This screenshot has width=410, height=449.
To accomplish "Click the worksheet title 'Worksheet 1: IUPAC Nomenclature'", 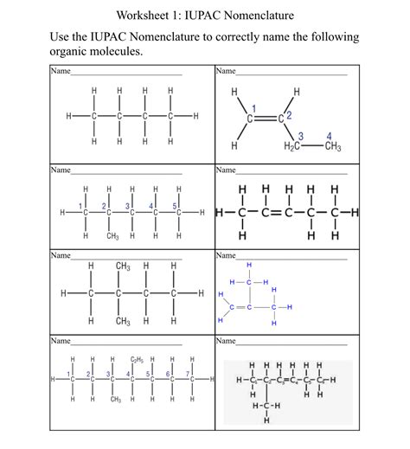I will [x=205, y=16].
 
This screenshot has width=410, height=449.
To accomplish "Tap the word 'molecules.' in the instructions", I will [x=118, y=51].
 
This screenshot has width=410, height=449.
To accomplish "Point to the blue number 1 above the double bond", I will [x=253, y=106].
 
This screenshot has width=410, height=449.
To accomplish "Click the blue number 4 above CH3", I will [x=330, y=134].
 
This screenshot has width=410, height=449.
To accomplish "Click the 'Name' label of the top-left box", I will [x=60, y=71].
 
